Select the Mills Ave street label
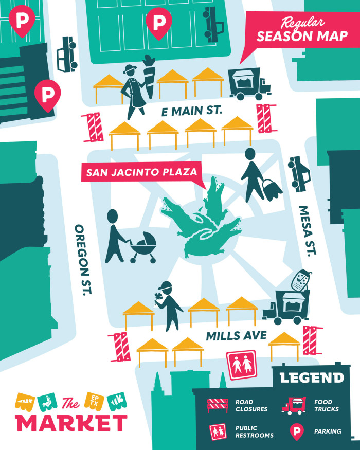coord(236,336)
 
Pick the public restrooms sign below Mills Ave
coord(242,365)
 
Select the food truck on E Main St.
coord(248,83)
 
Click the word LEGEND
coord(312,378)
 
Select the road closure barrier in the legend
coord(218,405)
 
